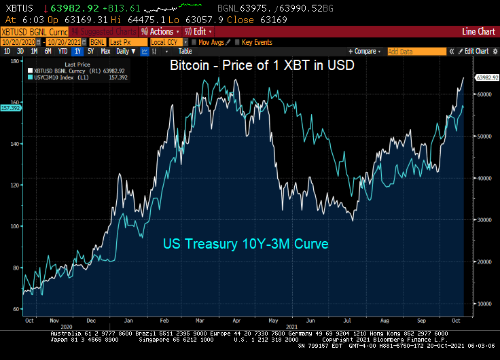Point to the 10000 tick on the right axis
tap(484, 304)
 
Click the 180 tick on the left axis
tap(15, 61)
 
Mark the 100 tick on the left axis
tap(15, 227)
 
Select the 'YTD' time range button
tap(62, 51)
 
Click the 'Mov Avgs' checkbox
tap(194, 42)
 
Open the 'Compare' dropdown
tap(365, 51)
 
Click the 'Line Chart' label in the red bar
tap(478, 32)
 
